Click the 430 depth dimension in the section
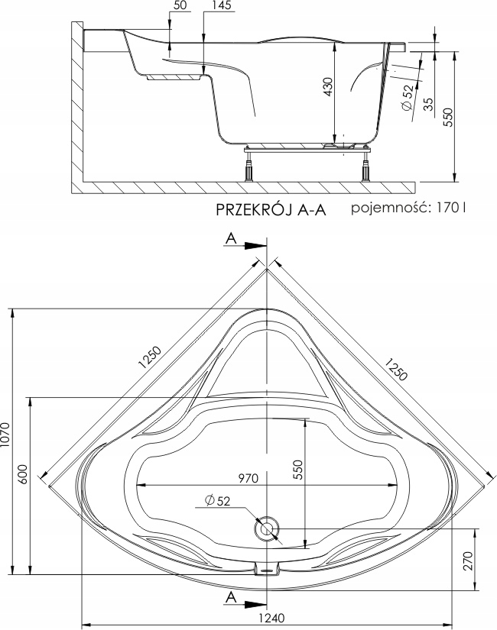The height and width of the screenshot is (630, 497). [x=328, y=86]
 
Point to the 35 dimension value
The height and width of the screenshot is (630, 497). [x=429, y=105]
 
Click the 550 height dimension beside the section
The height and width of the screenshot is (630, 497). [x=449, y=117]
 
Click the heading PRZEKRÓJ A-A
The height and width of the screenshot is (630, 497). [x=271, y=210]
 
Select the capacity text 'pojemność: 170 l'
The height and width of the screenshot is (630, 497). [x=408, y=208]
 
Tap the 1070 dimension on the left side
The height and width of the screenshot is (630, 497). [x=5, y=435]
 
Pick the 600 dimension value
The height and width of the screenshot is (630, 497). [x=23, y=474]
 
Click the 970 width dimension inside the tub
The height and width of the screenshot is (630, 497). [x=248, y=479]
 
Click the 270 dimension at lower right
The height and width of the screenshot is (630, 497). [x=468, y=561]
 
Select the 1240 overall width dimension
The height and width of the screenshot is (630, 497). [x=272, y=618]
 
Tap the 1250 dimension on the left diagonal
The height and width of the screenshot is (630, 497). [x=150, y=357]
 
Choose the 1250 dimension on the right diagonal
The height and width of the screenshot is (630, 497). [x=396, y=368]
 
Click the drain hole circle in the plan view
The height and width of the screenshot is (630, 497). [x=266, y=529]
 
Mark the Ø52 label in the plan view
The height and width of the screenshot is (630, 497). [x=218, y=501]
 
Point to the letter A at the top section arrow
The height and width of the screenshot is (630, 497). [x=231, y=239]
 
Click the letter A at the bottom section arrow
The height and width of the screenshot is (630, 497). [x=231, y=597]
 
